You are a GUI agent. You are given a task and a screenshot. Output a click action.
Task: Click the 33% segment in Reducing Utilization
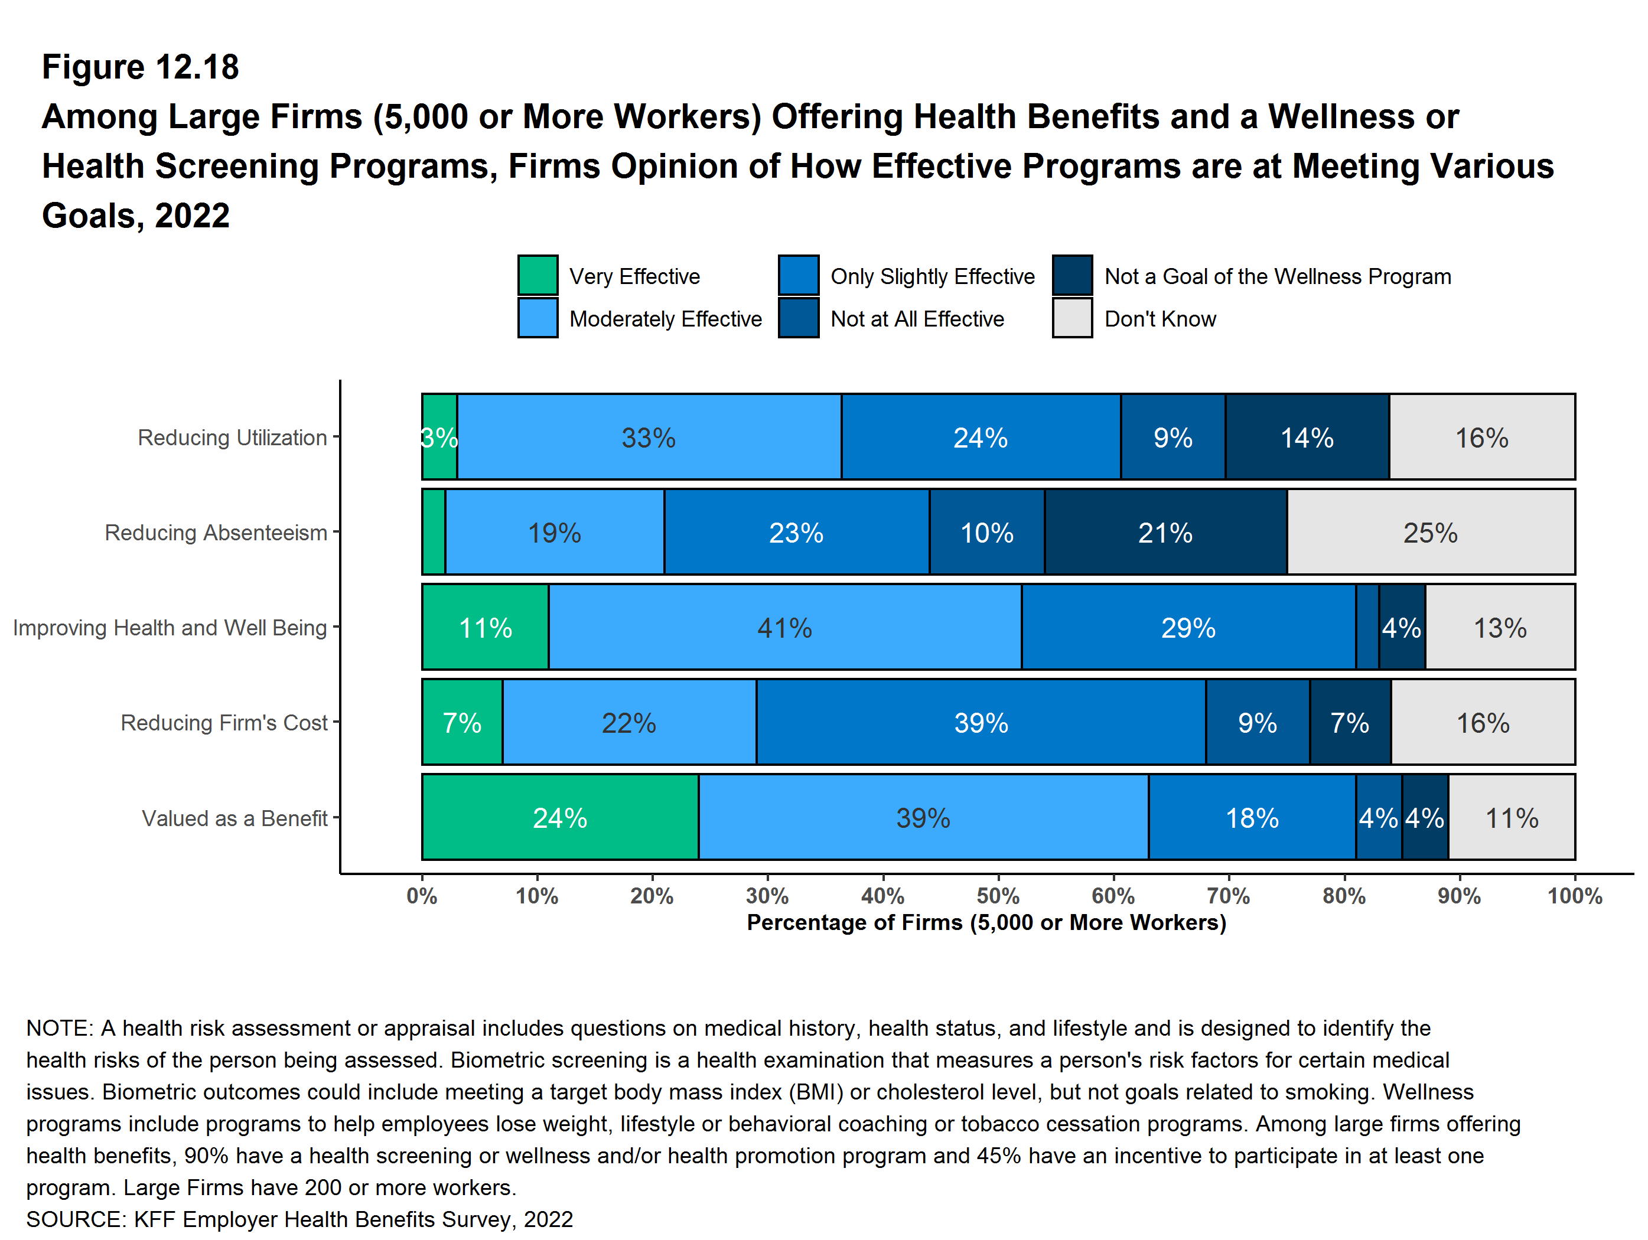point(648,437)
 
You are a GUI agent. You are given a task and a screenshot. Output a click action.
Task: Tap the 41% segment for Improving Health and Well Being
point(784,627)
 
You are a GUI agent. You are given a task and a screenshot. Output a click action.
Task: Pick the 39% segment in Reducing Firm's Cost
point(981,722)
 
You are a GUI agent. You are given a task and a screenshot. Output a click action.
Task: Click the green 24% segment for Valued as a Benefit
point(559,818)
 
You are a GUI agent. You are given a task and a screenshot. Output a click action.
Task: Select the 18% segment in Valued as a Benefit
point(1252,818)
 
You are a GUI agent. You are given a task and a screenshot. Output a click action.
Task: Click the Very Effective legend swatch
point(537,276)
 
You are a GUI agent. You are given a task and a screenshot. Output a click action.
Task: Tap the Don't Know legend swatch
point(1072,319)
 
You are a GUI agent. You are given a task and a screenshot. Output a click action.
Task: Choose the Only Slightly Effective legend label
point(932,276)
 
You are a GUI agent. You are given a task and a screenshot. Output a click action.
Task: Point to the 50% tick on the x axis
point(998,895)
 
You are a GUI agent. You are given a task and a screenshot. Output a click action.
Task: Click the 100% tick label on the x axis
point(1574,895)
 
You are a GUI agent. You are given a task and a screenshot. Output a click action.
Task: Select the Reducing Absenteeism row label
point(216,533)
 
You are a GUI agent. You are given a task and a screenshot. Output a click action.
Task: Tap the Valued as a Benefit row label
point(234,818)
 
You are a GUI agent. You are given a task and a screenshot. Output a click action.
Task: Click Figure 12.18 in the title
point(140,67)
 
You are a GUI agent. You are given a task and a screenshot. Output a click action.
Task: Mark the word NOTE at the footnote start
point(58,1028)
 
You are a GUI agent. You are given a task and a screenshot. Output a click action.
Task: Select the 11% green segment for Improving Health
point(485,627)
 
